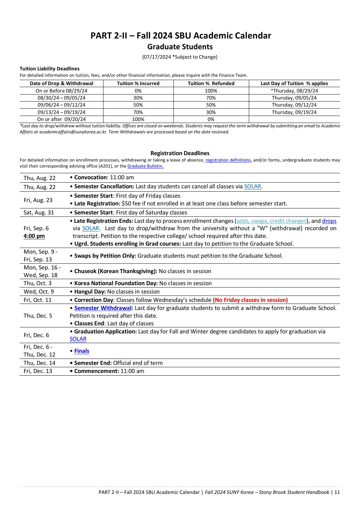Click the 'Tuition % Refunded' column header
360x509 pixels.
(211, 83)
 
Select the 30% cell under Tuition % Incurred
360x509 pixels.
(138, 98)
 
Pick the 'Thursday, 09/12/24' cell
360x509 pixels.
(294, 105)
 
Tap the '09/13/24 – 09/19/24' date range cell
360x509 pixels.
(61, 112)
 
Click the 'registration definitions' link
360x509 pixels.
(228, 160)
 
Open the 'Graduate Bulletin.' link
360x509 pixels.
(145, 166)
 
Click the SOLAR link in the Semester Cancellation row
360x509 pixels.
(253, 187)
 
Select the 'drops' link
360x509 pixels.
(329, 221)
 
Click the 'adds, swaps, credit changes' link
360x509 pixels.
(271, 221)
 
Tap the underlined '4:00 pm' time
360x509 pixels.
(34, 236)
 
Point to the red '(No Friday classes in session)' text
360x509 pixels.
(250, 300)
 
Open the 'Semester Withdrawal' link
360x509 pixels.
(103, 308)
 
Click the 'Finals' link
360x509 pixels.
(82, 351)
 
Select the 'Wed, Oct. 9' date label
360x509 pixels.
(39, 292)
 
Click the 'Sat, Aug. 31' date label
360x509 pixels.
(39, 213)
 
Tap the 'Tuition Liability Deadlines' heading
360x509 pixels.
(50, 69)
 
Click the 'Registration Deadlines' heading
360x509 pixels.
(180, 153)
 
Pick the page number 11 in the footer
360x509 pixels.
(337, 492)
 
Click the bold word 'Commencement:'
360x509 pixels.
(96, 371)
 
